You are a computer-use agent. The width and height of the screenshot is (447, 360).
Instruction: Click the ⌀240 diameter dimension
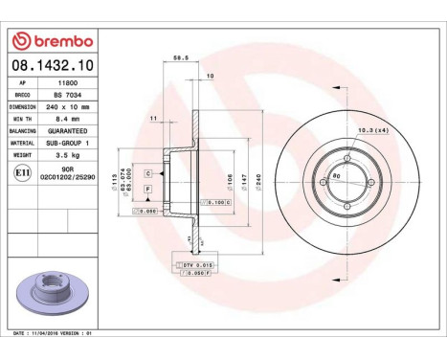(x=244, y=178)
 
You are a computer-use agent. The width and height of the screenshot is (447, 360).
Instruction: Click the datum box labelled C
(x=149, y=173)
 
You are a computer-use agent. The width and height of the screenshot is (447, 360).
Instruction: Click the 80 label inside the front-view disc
(x=337, y=176)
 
